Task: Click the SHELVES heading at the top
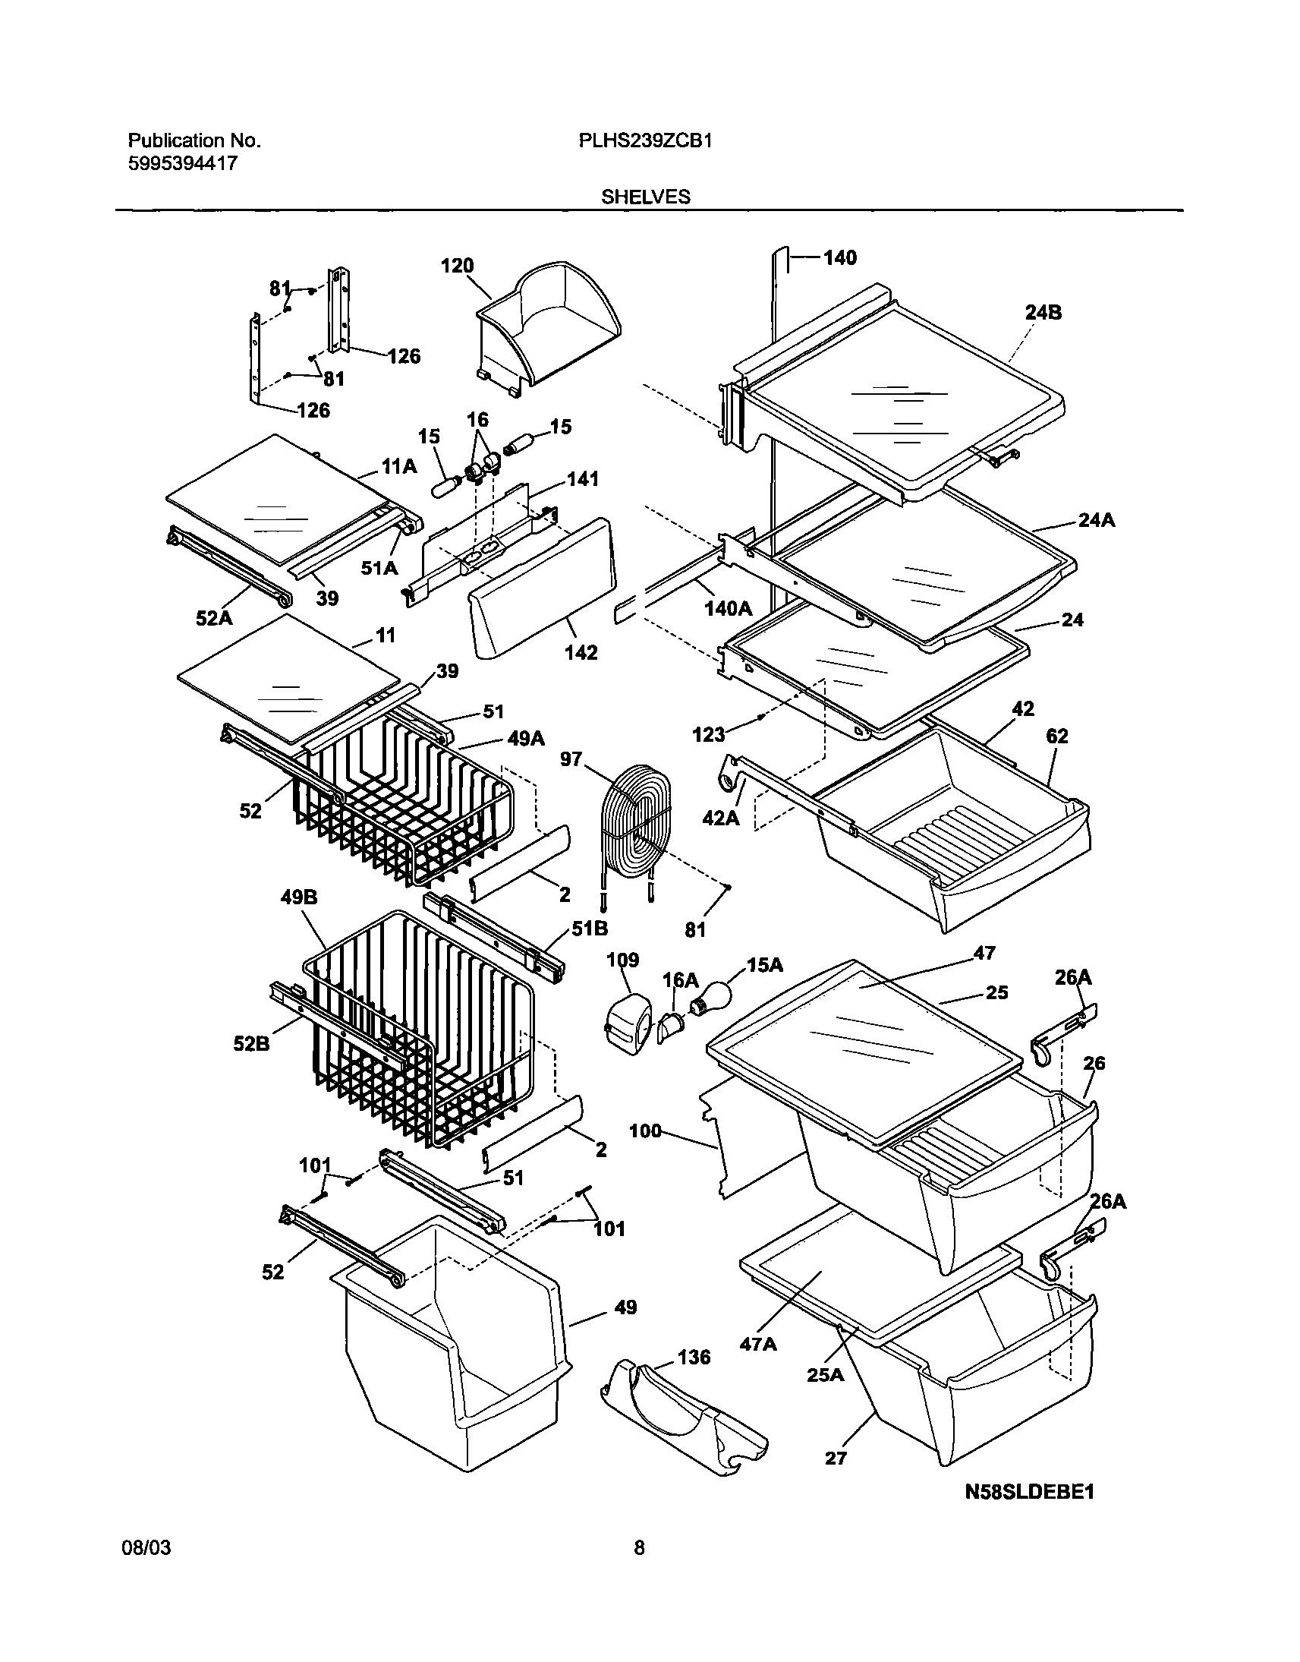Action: tap(645, 197)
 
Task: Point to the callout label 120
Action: tap(457, 266)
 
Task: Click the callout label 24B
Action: tap(1043, 312)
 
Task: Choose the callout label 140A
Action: tap(728, 608)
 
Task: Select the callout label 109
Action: tap(622, 960)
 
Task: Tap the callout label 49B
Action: tap(298, 897)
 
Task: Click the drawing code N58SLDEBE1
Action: tap(1029, 1491)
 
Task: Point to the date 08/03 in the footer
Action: tap(146, 1548)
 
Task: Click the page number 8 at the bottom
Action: tap(639, 1548)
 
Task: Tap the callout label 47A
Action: tap(758, 1345)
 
